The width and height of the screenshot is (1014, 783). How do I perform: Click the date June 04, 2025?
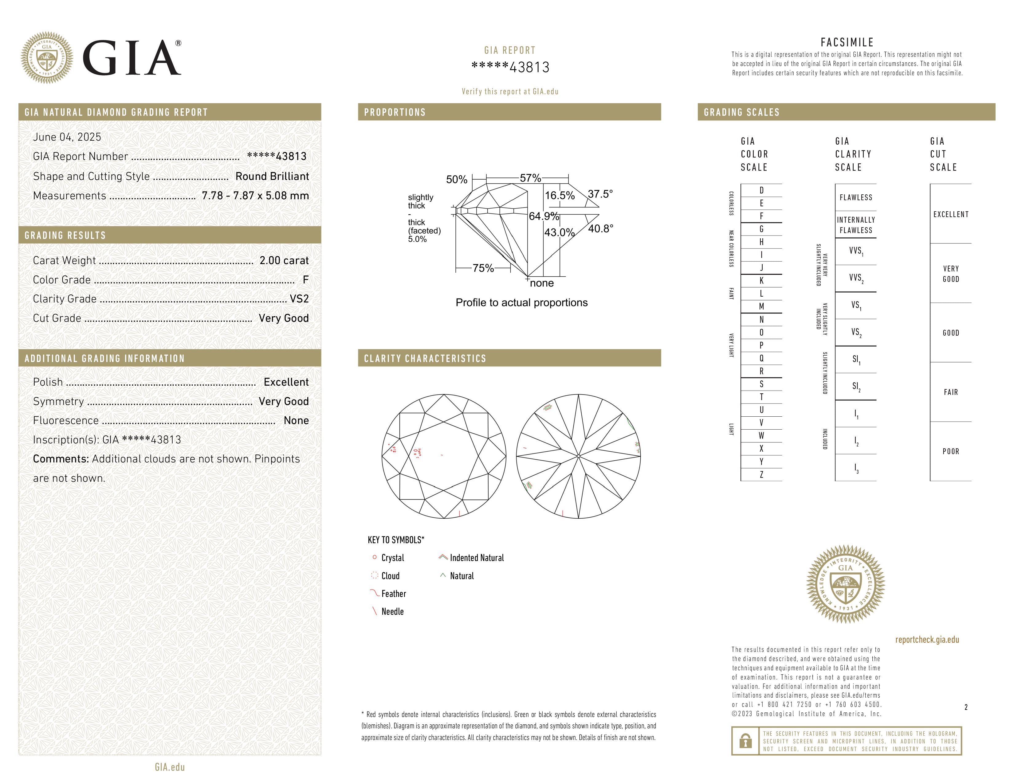point(67,137)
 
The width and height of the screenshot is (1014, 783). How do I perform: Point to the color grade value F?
point(305,280)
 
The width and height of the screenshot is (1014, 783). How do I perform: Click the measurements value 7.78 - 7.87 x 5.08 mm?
point(255,196)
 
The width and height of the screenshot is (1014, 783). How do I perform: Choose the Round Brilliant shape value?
point(272,176)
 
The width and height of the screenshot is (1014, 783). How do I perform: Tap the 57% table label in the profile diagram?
point(530,178)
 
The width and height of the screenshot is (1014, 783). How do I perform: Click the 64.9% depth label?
point(544,216)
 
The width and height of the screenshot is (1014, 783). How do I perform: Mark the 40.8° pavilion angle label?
point(600,228)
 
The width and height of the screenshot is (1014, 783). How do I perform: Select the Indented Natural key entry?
point(476,558)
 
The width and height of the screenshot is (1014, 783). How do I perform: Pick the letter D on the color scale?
point(761,190)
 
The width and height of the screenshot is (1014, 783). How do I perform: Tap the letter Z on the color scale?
point(761,474)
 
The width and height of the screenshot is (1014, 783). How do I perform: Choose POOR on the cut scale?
point(950,451)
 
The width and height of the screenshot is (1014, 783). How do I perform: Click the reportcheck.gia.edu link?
point(927,640)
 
